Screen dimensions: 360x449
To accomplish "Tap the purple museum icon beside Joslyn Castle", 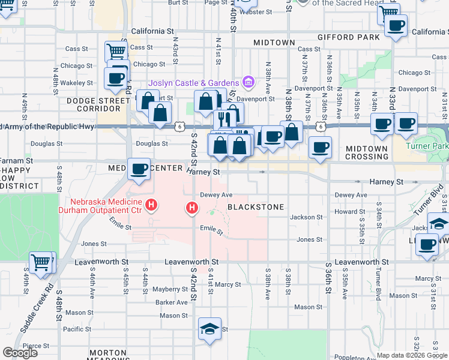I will coord(247,82).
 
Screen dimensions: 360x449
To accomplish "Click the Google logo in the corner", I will coord(20,353).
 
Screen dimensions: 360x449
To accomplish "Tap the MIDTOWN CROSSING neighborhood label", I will coord(367,152).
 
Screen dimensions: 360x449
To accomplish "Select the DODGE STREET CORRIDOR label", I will coord(94,104).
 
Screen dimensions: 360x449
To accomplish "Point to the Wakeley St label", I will coord(80,83).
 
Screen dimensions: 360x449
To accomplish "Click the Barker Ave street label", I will coord(172,302).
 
